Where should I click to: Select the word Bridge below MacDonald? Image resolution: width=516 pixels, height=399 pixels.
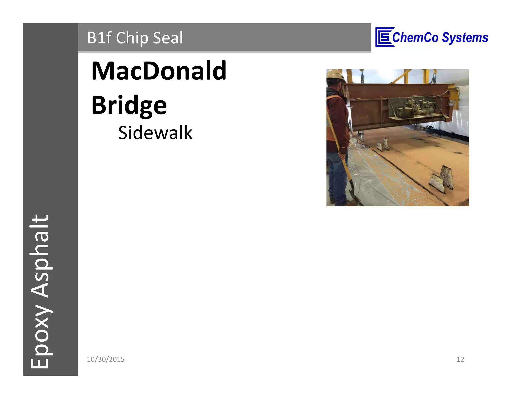129,105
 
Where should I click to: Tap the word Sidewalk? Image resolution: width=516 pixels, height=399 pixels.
155,133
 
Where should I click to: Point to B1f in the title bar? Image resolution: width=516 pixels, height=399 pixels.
99,38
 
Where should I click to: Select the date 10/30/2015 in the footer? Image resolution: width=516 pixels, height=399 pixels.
106,359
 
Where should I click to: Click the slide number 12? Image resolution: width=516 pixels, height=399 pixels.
460,359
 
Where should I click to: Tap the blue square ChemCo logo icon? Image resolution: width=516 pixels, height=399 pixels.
383,37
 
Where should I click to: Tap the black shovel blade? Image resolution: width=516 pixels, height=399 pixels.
355,197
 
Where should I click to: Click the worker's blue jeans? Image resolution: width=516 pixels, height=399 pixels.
338,177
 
